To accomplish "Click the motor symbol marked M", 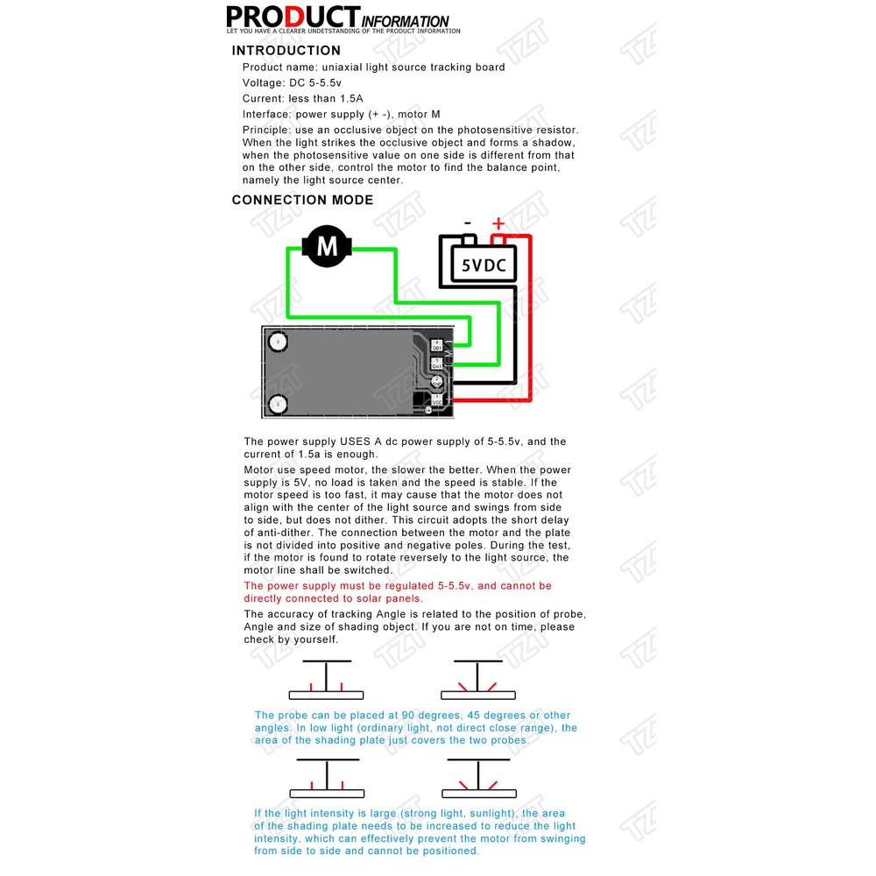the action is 327,246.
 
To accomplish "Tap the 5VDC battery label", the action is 484,265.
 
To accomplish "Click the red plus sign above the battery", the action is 498,223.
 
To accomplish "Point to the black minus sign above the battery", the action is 467,223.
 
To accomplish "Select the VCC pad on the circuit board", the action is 437,400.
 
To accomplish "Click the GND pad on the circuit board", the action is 437,382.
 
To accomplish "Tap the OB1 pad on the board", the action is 437,346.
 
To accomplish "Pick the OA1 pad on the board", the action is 437,364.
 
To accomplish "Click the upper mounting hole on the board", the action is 279,342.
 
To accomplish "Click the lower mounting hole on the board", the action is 279,404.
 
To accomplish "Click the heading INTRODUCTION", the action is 286,51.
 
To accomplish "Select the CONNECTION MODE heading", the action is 302,200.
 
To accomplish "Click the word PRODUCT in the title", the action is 293,17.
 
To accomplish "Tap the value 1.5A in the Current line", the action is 351,99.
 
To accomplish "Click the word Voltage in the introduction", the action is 263,83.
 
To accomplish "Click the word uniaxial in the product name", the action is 342,67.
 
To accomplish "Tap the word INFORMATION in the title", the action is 406,22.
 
